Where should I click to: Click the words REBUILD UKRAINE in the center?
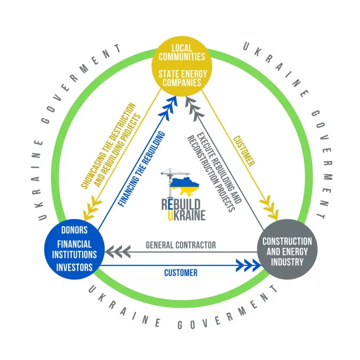point(183,209)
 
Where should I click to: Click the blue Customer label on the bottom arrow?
point(180,273)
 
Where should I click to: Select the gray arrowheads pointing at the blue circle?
point(117,251)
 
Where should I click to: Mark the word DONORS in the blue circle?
point(74,229)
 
